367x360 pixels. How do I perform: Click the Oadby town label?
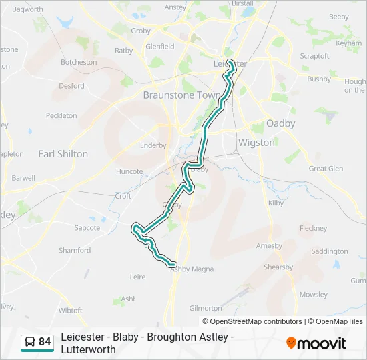tap(280, 123)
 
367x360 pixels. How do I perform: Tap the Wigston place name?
tap(256, 143)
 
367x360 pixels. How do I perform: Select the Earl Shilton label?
tap(63, 154)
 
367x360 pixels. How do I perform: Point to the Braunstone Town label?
tap(181, 95)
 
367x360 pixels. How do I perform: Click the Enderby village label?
tap(153, 145)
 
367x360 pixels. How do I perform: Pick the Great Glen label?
tap(326, 169)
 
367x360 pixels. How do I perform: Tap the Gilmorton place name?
tap(206, 308)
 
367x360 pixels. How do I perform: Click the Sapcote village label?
tap(87, 228)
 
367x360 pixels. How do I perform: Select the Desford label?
tap(71, 86)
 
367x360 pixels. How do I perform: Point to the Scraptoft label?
tap(314, 56)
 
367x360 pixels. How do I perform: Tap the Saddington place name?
tap(330, 251)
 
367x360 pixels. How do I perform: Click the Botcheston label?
tap(79, 62)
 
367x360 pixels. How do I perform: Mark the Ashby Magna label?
tap(192, 269)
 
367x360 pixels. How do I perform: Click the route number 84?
tap(45, 342)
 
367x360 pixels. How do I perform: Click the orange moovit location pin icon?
tap(291, 343)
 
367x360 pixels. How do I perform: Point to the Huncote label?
tap(129, 171)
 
